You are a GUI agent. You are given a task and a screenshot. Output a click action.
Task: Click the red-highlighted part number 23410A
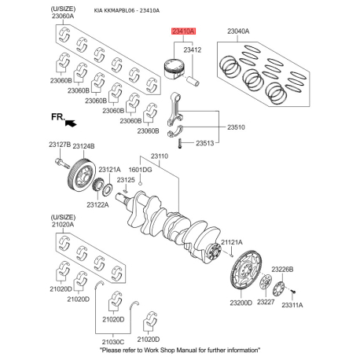(x=183, y=31)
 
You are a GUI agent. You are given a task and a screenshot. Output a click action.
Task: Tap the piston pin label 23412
(x=193, y=50)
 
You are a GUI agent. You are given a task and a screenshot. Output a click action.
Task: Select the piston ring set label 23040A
(x=238, y=31)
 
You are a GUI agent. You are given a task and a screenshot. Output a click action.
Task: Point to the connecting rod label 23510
(x=236, y=127)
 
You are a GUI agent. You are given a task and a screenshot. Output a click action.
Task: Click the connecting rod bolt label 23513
(x=205, y=143)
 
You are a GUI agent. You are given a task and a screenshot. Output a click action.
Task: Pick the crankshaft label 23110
(x=160, y=156)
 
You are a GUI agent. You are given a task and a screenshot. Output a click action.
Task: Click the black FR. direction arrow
(x=71, y=123)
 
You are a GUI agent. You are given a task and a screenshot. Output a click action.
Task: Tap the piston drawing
(x=173, y=68)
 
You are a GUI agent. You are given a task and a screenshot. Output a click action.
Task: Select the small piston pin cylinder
(x=194, y=81)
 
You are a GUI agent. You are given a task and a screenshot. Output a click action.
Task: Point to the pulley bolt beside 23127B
(x=62, y=163)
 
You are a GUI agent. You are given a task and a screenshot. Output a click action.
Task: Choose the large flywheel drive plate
(x=246, y=270)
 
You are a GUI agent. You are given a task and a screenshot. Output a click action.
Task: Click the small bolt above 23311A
(x=293, y=291)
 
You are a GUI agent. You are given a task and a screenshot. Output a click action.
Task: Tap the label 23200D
(x=241, y=303)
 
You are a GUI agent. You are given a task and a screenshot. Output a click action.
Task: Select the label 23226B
(x=282, y=270)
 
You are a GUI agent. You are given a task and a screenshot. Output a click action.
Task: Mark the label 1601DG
(x=140, y=170)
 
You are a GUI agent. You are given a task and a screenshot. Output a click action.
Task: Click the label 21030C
(x=113, y=342)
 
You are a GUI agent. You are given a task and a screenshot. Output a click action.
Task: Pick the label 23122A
(x=97, y=205)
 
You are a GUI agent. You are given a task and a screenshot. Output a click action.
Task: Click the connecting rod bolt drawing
(x=180, y=143)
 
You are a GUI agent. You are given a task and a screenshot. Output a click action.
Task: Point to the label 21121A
(x=232, y=242)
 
